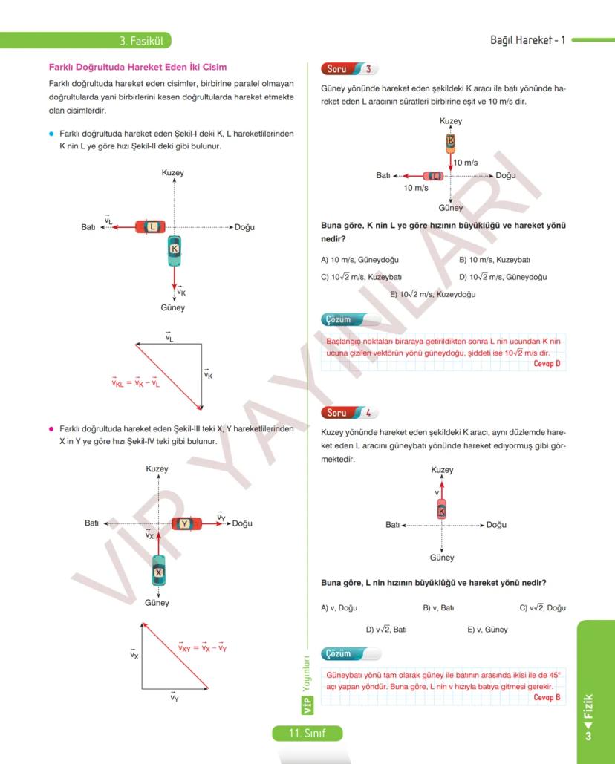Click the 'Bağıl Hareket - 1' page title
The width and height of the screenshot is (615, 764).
click(527, 40)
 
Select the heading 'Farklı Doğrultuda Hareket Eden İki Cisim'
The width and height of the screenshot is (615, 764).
click(137, 67)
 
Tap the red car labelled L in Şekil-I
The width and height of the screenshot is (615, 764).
click(151, 226)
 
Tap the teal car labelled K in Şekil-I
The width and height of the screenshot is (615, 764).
click(175, 250)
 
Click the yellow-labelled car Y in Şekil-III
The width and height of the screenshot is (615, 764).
click(186, 523)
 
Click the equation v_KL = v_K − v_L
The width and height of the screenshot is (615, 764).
click(136, 383)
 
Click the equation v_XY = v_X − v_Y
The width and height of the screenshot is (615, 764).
click(202, 648)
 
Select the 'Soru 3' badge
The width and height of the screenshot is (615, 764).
click(349, 69)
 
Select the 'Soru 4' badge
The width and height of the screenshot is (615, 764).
click(349, 413)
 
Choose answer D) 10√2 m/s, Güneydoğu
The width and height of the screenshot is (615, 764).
click(503, 277)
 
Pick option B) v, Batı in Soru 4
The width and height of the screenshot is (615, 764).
click(438, 607)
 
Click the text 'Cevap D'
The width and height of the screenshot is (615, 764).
click(547, 364)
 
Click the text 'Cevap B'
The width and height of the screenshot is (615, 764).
click(547, 697)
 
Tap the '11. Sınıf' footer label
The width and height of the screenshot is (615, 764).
click(307, 734)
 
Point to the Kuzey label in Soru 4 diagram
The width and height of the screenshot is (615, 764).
click(442, 470)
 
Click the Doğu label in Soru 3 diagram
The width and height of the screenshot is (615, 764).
click(506, 176)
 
